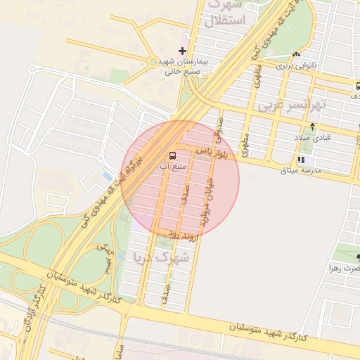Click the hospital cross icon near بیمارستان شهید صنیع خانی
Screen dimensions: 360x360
tap(183, 51)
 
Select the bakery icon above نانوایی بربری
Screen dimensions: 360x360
tap(297, 54)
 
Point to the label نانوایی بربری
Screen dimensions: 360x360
tap(296, 65)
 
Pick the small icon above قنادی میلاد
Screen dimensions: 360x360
tap(295, 127)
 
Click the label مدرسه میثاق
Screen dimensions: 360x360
tap(301, 171)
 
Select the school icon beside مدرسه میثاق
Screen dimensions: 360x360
tap(301, 160)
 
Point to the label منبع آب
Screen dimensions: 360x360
tap(172, 166)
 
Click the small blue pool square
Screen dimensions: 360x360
tap(107, 175)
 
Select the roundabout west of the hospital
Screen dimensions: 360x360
tap(153, 62)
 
